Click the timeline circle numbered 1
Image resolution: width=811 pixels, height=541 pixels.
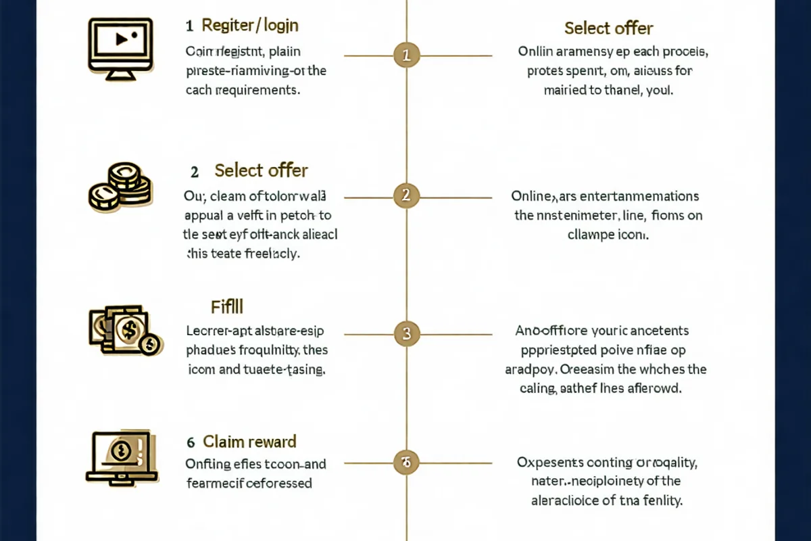406,55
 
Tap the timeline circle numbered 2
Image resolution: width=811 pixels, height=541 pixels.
406,197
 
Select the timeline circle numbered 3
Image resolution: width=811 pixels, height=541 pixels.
406,333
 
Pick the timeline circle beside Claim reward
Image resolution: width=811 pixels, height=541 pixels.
406,463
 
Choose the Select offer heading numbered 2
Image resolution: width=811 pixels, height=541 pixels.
261,170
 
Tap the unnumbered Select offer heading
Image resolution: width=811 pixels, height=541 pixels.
608,28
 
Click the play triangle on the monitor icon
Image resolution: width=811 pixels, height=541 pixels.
122,39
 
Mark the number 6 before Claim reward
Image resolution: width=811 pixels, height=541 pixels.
191,442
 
